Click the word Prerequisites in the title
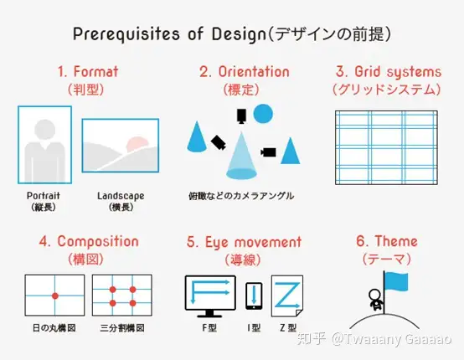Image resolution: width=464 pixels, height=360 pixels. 126,34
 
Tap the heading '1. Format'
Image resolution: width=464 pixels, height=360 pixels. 88,72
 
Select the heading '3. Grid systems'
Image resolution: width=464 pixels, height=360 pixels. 389,72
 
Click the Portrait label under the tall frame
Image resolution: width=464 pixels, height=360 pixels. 44,196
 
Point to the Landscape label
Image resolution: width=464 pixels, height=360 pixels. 121,196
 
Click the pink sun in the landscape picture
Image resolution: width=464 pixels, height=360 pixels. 137,143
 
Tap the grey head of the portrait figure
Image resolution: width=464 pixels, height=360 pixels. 44,130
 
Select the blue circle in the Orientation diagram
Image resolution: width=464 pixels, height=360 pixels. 263,114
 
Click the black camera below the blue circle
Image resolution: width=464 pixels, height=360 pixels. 241,116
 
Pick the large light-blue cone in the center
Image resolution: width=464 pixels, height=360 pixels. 241,157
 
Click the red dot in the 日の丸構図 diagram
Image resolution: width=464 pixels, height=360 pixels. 55,296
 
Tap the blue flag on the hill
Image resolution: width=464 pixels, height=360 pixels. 396,282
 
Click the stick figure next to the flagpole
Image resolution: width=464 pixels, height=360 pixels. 376,300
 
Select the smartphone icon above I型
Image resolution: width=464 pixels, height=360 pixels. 254,296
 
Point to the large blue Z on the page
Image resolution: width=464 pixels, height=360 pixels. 287,295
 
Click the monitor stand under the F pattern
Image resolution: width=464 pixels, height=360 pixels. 209,314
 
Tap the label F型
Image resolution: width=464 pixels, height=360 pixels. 209,327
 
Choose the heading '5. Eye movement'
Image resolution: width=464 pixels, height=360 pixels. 244,242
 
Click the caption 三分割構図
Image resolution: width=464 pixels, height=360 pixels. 122,328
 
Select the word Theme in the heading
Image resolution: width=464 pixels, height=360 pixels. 396,241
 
